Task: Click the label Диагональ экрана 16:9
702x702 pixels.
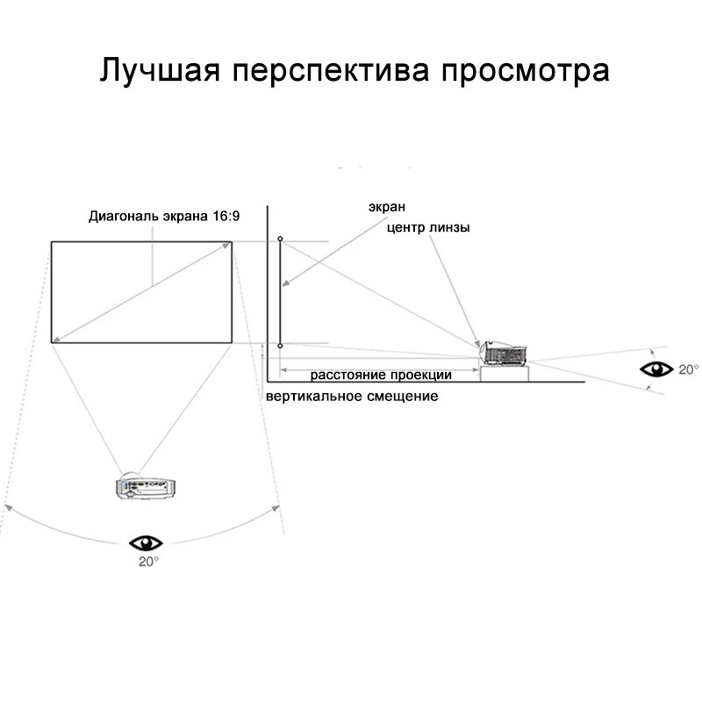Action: (163, 216)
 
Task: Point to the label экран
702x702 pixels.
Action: (386, 207)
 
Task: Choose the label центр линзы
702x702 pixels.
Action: (427, 227)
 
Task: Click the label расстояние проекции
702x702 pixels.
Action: (381, 375)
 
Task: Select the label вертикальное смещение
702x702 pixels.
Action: (351, 397)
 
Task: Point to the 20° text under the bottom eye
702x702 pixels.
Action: (148, 561)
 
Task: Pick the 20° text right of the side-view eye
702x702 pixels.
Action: (689, 369)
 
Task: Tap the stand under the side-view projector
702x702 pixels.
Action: (505, 373)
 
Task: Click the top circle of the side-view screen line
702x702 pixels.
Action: (280, 239)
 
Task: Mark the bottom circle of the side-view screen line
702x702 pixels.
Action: (280, 347)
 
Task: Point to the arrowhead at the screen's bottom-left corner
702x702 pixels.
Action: (57, 339)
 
